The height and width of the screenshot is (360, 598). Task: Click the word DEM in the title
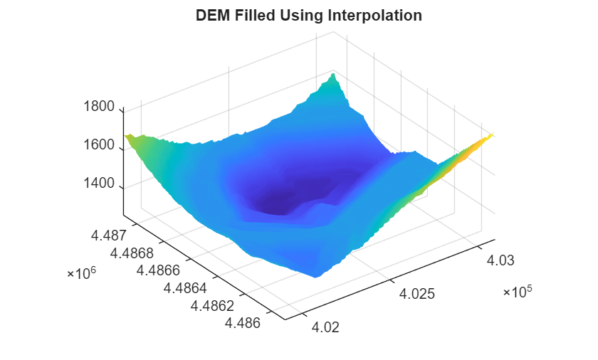[211, 16]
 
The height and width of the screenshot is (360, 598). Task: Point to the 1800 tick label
[99, 107]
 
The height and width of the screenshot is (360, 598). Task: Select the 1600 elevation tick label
[99, 146]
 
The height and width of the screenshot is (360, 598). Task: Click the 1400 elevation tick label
[99, 184]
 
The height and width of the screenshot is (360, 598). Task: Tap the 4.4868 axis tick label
[133, 252]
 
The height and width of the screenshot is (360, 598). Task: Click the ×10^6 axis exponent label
[80, 274]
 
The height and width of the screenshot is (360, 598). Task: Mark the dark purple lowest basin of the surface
[285, 200]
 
